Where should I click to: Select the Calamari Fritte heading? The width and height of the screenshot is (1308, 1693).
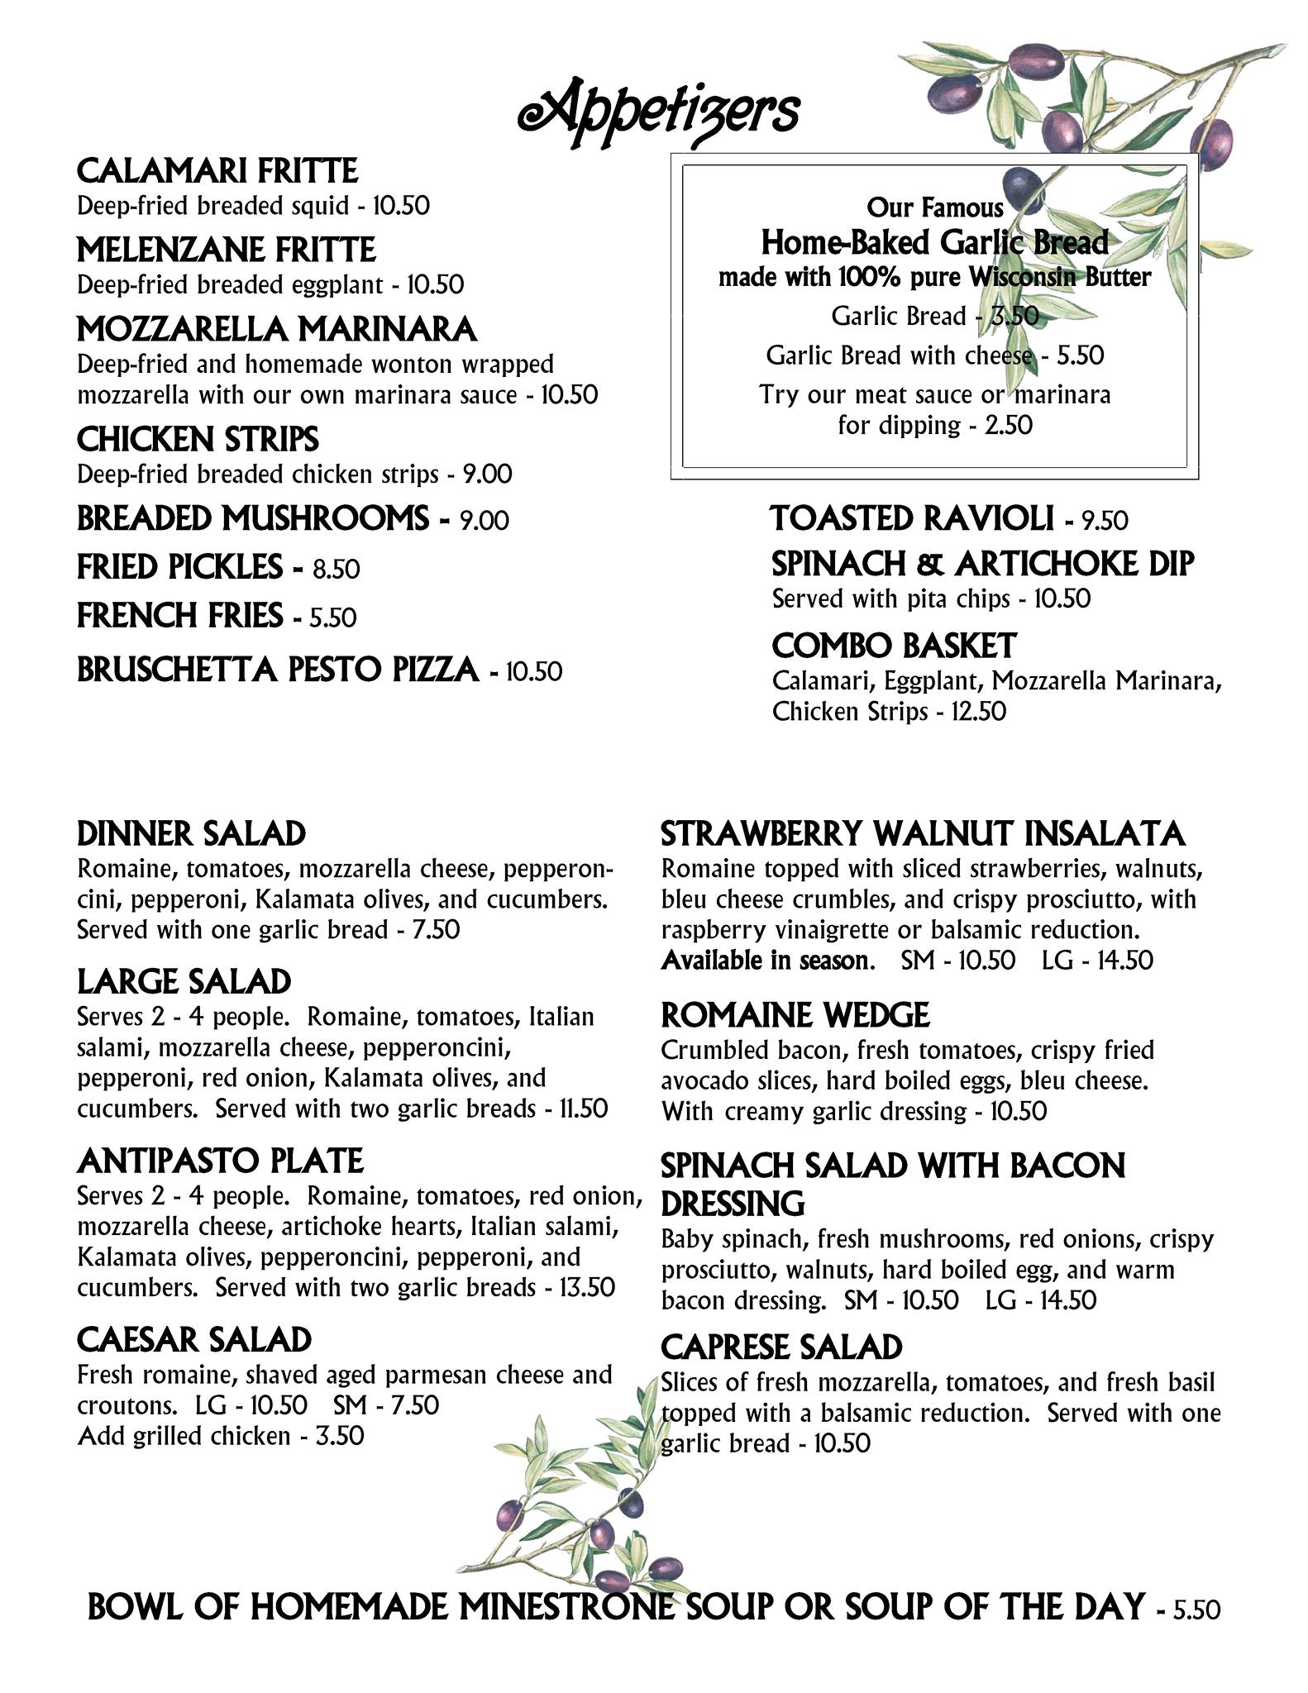coord(217,171)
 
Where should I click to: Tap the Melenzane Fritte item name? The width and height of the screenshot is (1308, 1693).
coord(226,250)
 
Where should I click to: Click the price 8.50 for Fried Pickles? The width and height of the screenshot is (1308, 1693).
coord(337,570)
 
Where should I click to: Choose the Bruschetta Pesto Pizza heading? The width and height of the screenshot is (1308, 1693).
coord(278,670)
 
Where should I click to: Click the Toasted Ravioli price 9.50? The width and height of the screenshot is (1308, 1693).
coord(1105,521)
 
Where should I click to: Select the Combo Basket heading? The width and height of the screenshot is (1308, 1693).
coord(894,646)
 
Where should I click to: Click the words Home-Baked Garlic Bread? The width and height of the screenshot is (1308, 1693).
coord(934,243)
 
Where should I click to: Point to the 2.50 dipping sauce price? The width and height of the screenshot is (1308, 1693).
coord(1009,426)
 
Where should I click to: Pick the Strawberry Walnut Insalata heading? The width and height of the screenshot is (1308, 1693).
coord(923,834)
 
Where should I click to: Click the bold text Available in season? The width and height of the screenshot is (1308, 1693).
coord(767,961)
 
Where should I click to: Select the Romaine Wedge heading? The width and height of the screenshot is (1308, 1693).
coord(795,1015)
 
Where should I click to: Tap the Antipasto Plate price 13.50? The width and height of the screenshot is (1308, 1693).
coord(586,1288)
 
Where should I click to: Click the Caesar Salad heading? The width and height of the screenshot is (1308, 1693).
coord(194,1339)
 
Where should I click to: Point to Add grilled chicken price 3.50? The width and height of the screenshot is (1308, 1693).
coord(340,1436)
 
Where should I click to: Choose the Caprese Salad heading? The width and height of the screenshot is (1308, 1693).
coord(781,1347)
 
